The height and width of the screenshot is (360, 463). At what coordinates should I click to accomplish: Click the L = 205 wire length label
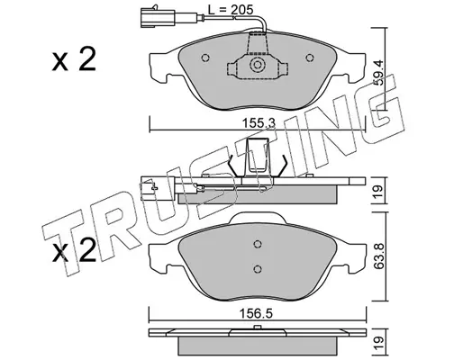[231, 10]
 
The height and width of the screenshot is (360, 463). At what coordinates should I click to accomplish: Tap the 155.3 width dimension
[259, 123]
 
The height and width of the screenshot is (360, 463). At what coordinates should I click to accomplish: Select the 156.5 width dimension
[256, 314]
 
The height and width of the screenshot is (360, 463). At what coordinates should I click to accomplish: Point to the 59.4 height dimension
[379, 73]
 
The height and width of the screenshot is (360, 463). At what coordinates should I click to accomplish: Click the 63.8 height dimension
[379, 256]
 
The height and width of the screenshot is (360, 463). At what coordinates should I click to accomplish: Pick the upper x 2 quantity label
[74, 59]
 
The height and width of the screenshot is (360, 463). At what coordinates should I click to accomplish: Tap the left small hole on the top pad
[205, 58]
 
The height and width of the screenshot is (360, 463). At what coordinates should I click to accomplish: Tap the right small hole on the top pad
[310, 58]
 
